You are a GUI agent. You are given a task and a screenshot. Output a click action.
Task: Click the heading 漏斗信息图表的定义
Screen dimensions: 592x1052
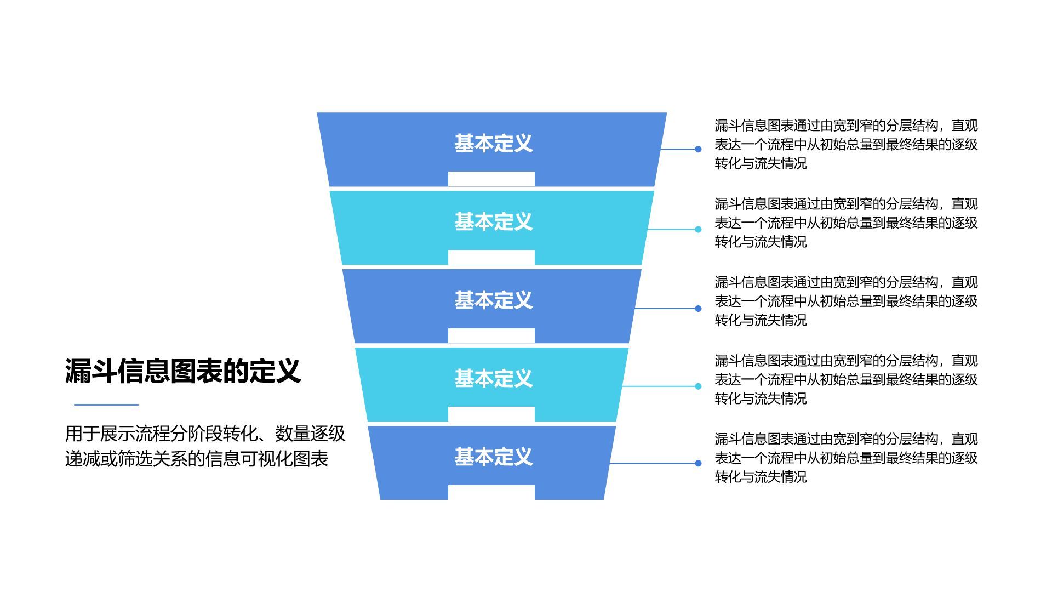pos(183,371)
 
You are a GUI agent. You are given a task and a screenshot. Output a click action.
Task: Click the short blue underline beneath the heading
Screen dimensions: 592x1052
pos(106,405)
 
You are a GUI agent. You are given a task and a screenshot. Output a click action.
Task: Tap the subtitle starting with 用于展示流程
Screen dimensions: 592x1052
pos(205,446)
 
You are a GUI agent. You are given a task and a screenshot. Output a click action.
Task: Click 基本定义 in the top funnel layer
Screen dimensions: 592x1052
pos(493,144)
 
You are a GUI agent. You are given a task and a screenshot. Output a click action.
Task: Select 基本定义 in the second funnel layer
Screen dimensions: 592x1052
pos(493,222)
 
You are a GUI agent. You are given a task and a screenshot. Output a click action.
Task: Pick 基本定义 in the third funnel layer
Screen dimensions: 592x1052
pos(493,300)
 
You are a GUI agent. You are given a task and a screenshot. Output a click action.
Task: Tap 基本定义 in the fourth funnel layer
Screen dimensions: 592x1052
pos(493,379)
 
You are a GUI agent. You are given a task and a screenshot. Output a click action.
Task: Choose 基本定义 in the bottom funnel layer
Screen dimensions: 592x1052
pos(493,457)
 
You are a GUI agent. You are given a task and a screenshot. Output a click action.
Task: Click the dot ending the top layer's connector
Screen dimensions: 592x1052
pos(698,149)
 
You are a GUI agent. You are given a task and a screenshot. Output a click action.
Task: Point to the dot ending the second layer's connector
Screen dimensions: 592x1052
pos(698,230)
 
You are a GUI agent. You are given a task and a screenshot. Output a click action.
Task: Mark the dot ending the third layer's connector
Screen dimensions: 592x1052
pos(698,309)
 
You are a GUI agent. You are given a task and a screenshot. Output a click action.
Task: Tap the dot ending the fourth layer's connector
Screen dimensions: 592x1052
pos(698,386)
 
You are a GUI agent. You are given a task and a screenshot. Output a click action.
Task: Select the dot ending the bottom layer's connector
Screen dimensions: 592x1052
pos(698,463)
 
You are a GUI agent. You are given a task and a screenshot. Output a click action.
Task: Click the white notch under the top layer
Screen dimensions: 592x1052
pos(491,179)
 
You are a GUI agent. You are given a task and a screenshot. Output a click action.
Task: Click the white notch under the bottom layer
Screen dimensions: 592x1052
pos(491,492)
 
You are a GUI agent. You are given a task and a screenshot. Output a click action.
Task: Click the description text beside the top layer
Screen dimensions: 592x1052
pos(846,145)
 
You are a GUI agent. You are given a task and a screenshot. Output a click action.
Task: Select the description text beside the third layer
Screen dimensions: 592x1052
pos(846,301)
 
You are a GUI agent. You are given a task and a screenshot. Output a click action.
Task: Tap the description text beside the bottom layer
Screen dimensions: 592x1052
pos(846,458)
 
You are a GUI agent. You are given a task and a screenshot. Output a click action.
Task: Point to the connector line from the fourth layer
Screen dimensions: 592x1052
pos(658,386)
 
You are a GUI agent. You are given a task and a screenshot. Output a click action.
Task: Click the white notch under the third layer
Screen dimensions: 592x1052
pos(491,335)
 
